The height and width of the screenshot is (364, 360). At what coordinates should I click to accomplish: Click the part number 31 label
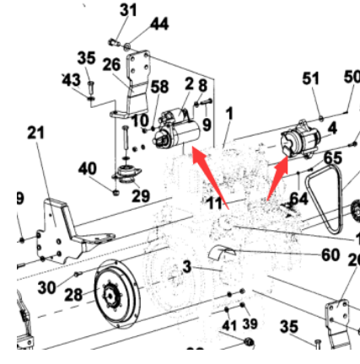pos(128,10)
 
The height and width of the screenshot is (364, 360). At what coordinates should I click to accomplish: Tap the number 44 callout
pos(159,24)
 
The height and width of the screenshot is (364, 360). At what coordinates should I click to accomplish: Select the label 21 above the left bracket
pos(35,133)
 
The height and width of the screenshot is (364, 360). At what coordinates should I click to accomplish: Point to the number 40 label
pos(87,169)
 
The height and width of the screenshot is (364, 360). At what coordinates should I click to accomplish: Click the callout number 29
pos(141,195)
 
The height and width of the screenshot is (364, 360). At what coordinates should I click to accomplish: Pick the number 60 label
pos(330,254)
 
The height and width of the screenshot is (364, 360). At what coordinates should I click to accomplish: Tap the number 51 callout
pos(310,78)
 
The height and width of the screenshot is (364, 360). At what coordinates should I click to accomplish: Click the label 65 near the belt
pos(333,158)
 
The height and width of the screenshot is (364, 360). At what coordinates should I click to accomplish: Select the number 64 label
pos(298,198)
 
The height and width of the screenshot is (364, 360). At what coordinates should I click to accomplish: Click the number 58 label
pos(159,87)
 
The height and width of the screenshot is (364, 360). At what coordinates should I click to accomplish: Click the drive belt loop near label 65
pos(325,199)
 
